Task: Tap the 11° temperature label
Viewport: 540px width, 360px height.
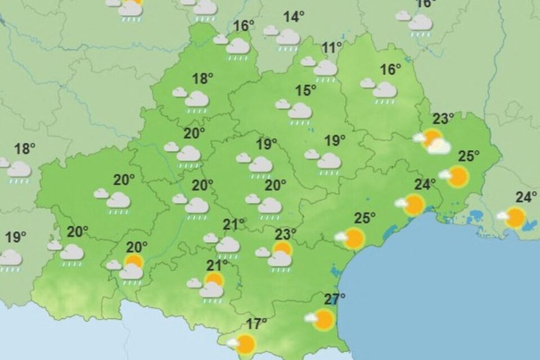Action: coord(332,48)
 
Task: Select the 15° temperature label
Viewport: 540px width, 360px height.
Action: coord(306,90)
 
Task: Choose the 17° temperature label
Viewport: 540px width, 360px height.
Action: coord(256,324)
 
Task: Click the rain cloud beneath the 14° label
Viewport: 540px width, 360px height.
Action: coord(287,38)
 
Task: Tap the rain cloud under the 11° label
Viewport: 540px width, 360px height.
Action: coord(325,69)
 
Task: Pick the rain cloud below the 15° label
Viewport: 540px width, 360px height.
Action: coord(299,111)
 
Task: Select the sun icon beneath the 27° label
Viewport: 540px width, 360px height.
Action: coord(323,319)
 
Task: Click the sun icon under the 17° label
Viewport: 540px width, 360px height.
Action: coord(245,343)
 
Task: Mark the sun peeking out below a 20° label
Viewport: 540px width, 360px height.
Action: coord(134,260)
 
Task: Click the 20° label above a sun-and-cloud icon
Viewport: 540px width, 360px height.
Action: coord(137,246)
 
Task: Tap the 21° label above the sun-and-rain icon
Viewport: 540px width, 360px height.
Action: coord(218,264)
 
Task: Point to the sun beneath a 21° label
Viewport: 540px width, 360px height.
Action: coord(214,280)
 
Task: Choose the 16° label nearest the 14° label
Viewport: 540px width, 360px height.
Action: coord(244,26)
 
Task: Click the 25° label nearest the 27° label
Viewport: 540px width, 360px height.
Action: coord(365,218)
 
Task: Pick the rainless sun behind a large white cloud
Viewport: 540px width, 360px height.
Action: coord(432,138)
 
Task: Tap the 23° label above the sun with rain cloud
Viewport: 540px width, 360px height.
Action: coord(285,233)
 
